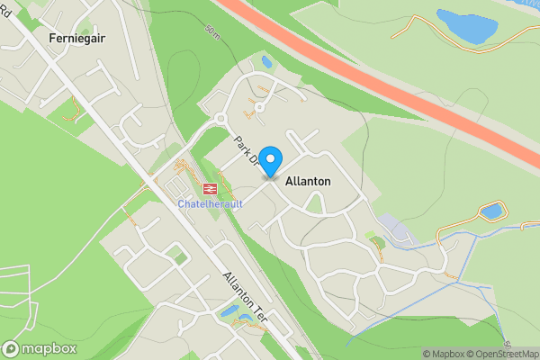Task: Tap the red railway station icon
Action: point(209,189)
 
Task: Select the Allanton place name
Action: point(308,182)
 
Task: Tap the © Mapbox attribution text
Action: point(441,353)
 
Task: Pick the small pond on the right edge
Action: point(491,211)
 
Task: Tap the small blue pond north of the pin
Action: point(266,62)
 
